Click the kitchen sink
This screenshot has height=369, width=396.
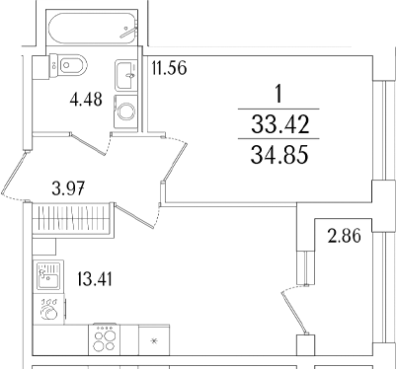47,275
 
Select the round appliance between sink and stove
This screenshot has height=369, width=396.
46,307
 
